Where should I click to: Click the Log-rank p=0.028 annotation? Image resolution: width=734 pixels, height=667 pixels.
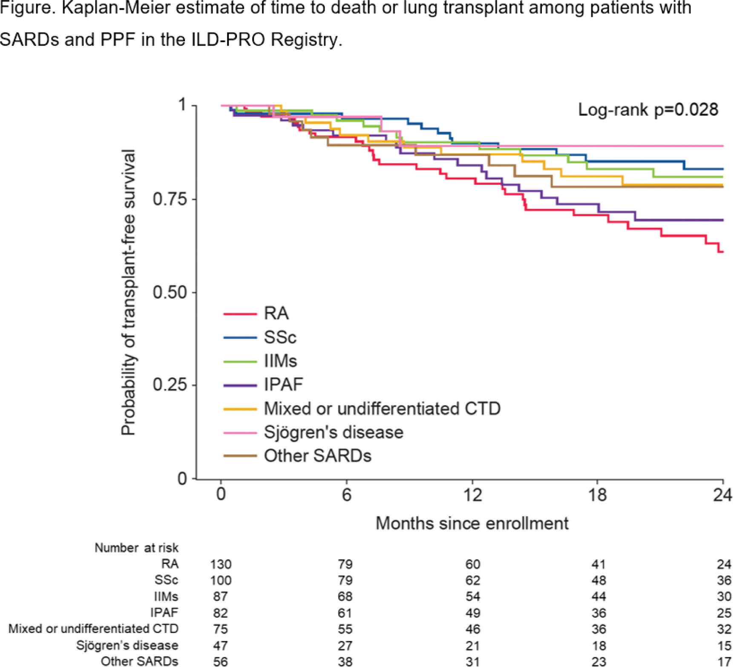648,110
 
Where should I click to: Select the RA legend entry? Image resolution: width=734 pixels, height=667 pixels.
276,313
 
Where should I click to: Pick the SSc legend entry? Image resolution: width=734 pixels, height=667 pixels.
280,337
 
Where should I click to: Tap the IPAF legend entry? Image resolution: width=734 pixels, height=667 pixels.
283,385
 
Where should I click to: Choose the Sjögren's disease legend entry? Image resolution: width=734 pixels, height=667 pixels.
333,432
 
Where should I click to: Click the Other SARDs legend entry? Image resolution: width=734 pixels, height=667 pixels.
317,456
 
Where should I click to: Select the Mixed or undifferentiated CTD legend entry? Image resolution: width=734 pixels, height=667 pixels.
382,408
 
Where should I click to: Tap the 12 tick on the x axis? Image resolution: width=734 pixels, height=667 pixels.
472,494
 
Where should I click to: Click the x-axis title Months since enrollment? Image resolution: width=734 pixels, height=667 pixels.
472,523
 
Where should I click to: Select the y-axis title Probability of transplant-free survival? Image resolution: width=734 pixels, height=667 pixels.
128,292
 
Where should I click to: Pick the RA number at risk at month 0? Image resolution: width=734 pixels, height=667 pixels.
221,564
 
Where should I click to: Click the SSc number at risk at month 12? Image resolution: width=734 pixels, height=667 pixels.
472,581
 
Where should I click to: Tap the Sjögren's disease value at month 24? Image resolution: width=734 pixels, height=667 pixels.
724,646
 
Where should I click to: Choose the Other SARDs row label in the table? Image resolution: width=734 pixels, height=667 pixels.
139,661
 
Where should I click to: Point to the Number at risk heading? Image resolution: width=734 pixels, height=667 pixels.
136,548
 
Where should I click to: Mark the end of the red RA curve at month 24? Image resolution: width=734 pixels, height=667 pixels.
722,252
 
